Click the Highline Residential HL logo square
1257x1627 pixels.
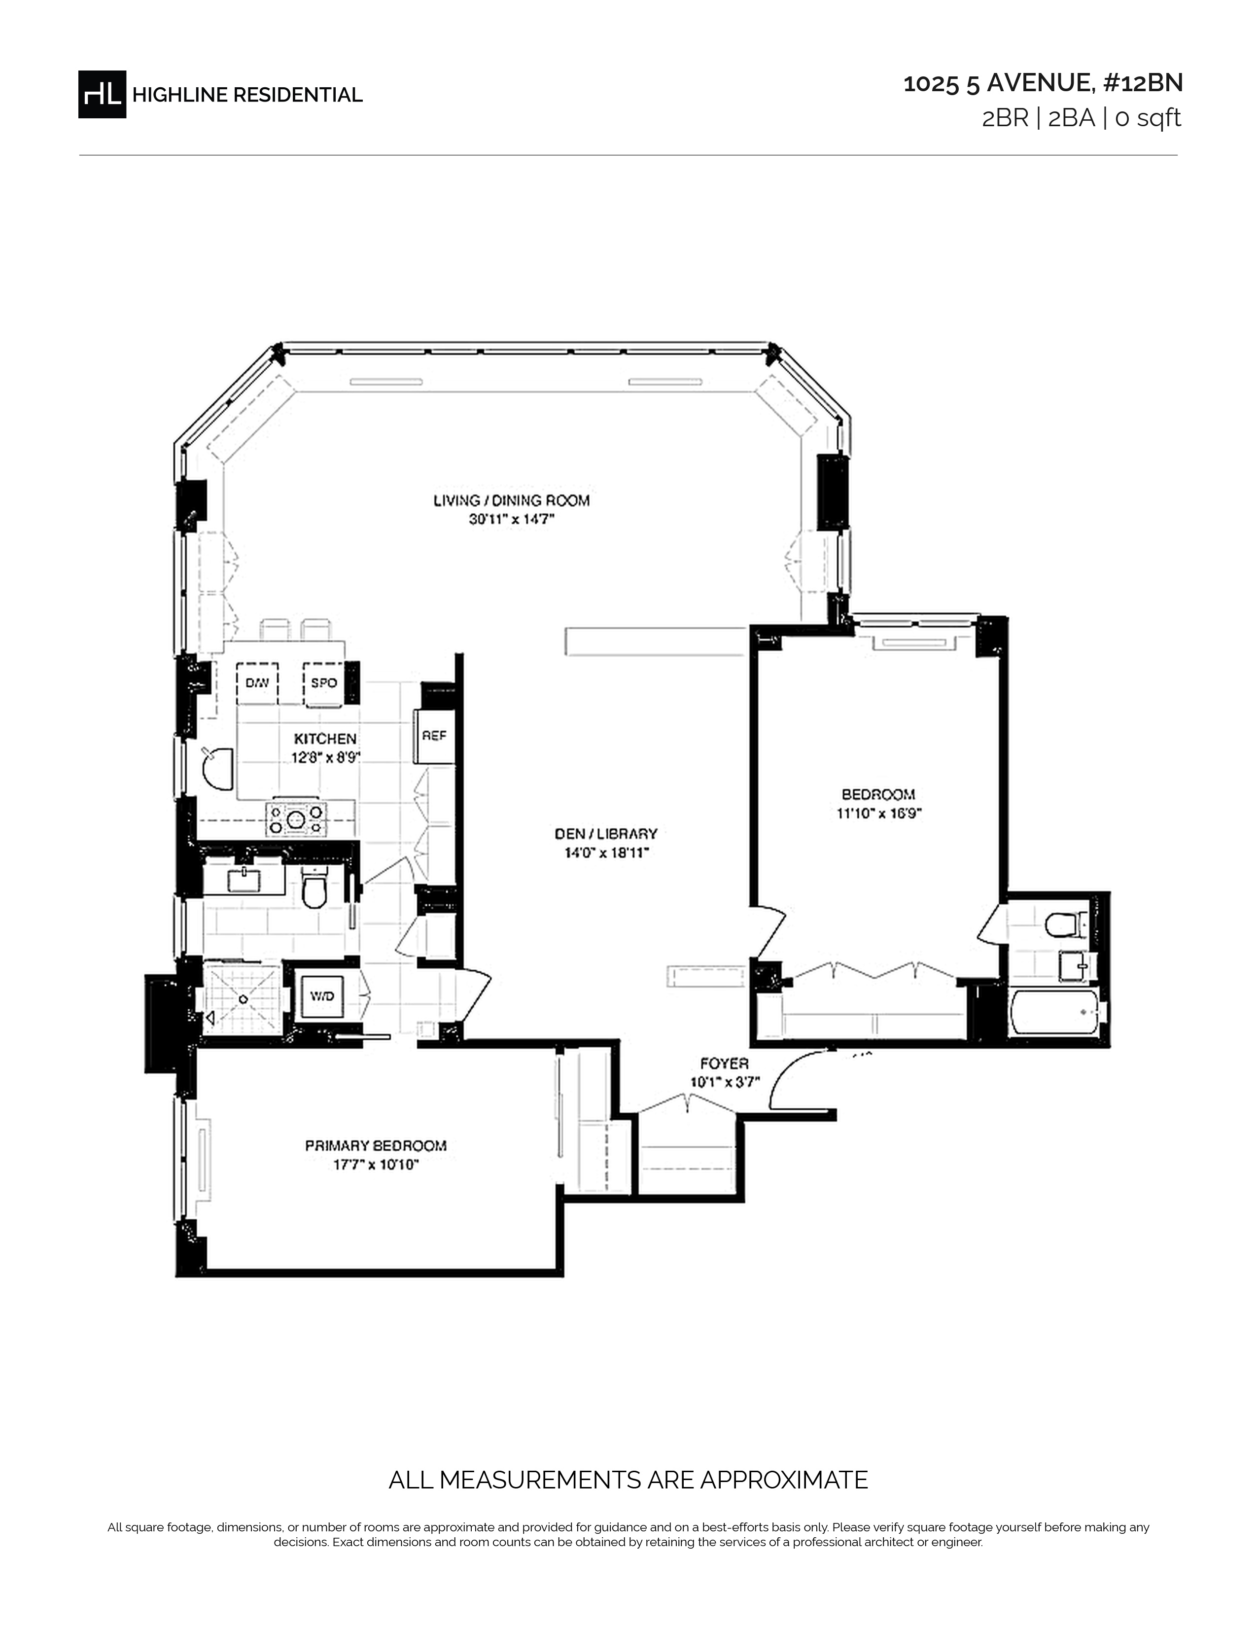102,94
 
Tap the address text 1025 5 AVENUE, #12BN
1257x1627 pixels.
1043,83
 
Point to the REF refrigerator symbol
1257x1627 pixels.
434,736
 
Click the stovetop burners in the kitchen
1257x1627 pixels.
296,818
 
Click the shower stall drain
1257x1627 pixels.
242,998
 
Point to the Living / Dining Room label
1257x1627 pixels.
512,500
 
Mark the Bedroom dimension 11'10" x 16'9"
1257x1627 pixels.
879,813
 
